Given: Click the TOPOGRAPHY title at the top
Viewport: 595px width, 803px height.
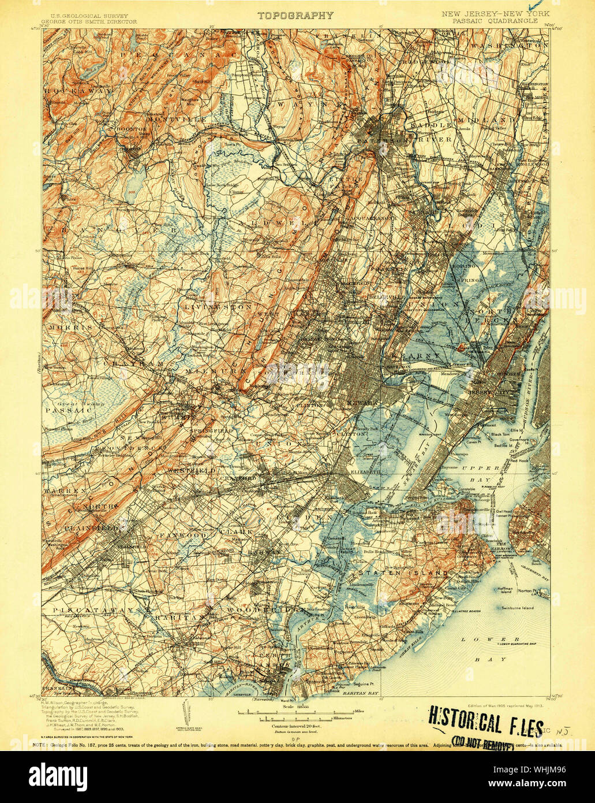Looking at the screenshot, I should click(295, 16).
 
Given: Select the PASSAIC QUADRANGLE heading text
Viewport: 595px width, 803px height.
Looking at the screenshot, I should click(496, 20).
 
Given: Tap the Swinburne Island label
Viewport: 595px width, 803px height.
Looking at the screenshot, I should click(515, 608).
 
